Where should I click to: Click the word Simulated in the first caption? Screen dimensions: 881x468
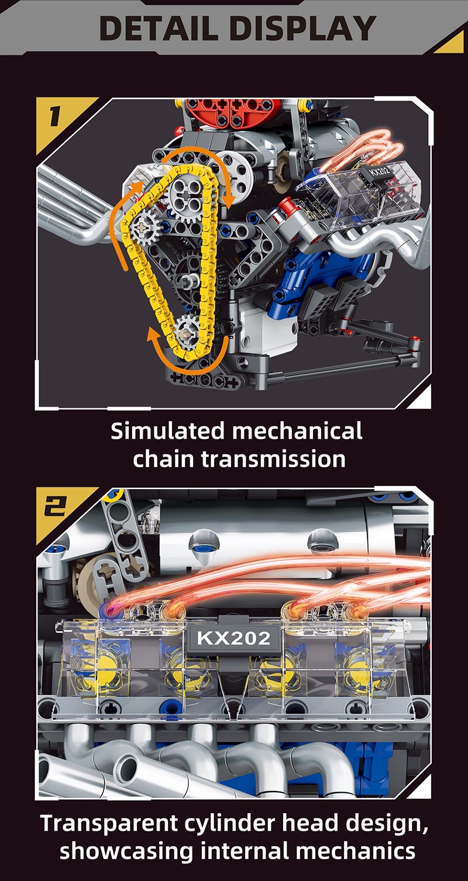click(x=167, y=431)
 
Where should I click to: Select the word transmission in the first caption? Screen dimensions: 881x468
click(x=273, y=459)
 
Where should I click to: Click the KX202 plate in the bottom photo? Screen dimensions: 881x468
click(x=234, y=637)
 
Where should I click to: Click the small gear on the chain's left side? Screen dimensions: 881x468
click(x=144, y=227)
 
